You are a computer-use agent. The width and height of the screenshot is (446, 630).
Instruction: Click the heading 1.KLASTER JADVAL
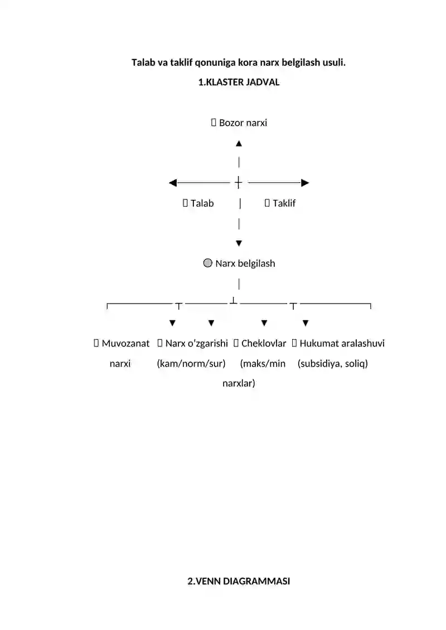pyautogui.click(x=239, y=82)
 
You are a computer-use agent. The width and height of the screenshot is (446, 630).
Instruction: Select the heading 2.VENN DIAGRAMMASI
pyautogui.click(x=239, y=581)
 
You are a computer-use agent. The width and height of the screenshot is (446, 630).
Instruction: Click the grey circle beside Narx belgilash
pyautogui.click(x=207, y=263)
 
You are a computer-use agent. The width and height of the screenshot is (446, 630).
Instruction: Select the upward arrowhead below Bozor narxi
pyautogui.click(x=239, y=144)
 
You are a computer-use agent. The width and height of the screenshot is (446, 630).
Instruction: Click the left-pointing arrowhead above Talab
pyautogui.click(x=173, y=183)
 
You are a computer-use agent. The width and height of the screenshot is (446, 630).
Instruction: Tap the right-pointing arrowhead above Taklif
pyautogui.click(x=305, y=183)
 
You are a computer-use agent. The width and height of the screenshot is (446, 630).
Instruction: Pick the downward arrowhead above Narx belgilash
pyautogui.click(x=239, y=243)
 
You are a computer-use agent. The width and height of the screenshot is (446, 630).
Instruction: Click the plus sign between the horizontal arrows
pyautogui.click(x=239, y=182)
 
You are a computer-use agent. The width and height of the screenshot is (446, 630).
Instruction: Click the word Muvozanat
pyautogui.click(x=125, y=344)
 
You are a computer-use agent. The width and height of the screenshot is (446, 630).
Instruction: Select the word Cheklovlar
pyautogui.click(x=263, y=344)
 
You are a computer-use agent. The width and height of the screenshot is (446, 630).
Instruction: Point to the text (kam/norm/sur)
pyautogui.click(x=191, y=364)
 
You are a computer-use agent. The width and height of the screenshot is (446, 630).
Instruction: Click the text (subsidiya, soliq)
pyautogui.click(x=333, y=364)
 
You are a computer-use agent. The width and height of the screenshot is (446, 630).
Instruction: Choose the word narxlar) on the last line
pyautogui.click(x=239, y=383)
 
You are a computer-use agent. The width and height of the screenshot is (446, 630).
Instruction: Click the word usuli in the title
pyautogui.click(x=334, y=62)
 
